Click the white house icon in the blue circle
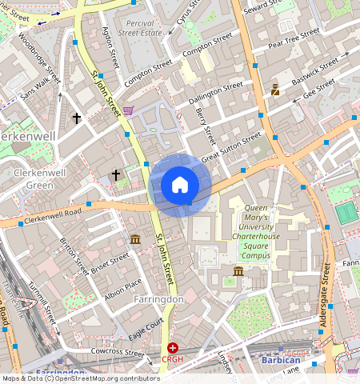180,186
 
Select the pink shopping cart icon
128,111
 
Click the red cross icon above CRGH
173,348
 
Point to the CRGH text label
173,360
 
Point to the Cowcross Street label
117,352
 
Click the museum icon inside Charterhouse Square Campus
238,274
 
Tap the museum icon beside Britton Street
135,239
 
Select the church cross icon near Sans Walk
77,118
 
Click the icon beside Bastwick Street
275,90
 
